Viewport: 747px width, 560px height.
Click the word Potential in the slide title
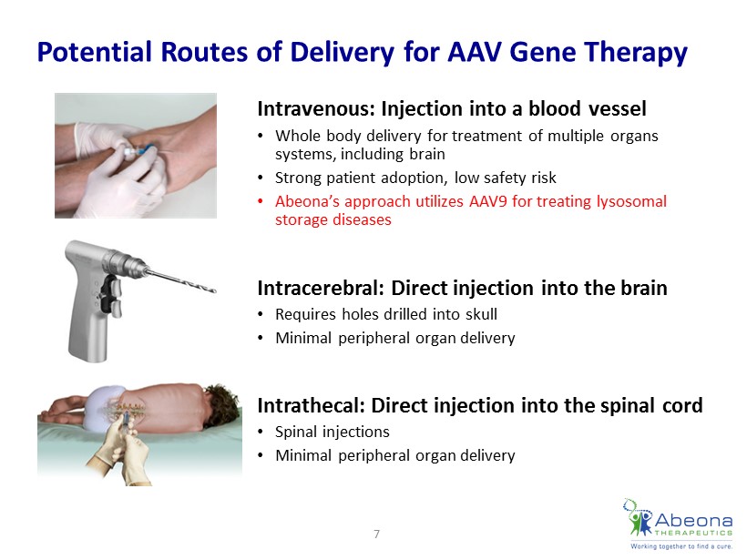(95, 52)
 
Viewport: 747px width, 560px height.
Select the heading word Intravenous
(316, 108)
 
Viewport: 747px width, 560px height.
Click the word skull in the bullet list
(481, 314)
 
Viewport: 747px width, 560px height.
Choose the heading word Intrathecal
(311, 406)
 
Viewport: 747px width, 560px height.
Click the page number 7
(377, 535)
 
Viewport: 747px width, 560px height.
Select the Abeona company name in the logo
(693, 521)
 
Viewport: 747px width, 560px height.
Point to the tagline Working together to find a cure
(681, 546)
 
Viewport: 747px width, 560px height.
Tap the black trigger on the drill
(112, 296)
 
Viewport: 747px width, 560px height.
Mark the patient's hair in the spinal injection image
(222, 405)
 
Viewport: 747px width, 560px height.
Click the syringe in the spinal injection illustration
(127, 421)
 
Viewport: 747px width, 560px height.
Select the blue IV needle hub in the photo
(148, 150)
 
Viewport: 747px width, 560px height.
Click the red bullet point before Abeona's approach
(261, 202)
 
